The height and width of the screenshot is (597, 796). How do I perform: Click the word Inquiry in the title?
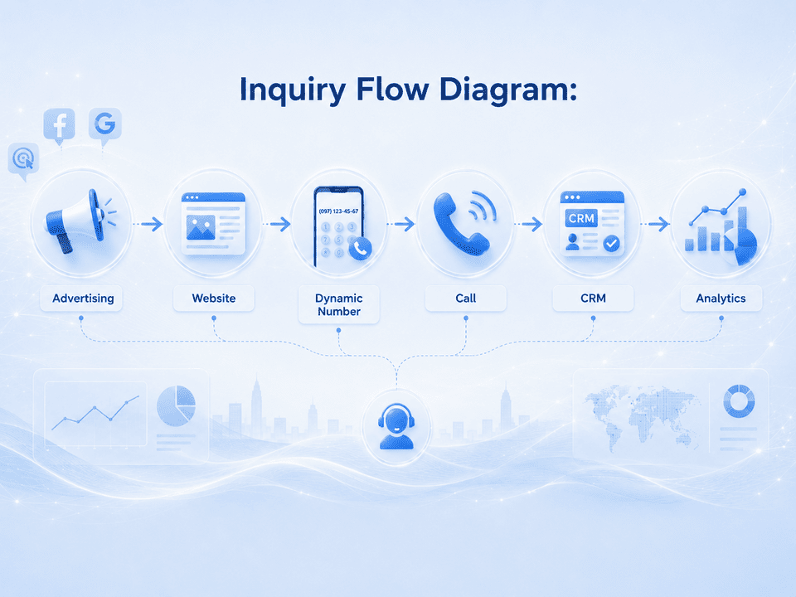tap(293, 90)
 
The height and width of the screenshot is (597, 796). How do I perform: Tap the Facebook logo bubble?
tap(60, 125)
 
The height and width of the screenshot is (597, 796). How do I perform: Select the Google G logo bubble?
tap(105, 125)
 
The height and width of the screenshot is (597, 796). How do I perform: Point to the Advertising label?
tap(83, 298)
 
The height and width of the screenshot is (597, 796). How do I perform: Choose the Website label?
tap(214, 298)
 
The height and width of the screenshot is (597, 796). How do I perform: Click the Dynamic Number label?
tap(338, 304)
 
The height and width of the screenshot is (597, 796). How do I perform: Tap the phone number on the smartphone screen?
tap(338, 211)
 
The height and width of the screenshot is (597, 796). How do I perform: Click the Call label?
tap(465, 298)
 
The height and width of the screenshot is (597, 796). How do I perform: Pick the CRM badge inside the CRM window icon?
tap(581, 218)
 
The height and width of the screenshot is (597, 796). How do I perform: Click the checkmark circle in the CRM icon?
tap(612, 243)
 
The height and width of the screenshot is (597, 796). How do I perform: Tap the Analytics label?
tap(721, 298)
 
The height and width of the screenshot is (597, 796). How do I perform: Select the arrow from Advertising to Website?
tap(148, 224)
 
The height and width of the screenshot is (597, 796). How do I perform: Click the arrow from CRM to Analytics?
tap(655, 224)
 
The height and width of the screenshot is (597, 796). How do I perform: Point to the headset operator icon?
tap(396, 426)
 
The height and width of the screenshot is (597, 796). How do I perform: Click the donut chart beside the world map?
tap(739, 401)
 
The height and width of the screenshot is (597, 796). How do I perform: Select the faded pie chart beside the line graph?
tap(176, 405)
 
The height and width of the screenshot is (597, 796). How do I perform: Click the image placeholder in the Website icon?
tap(201, 227)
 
